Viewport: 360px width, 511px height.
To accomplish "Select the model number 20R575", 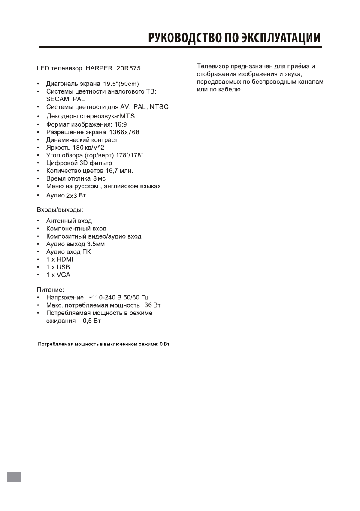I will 129,68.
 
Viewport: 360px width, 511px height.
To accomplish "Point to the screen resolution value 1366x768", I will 124,132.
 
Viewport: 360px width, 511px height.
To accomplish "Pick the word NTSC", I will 159,107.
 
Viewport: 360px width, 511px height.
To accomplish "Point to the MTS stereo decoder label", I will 127,116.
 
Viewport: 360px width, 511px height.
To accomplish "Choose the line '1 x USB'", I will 58,267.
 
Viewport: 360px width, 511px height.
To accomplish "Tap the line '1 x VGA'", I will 58,275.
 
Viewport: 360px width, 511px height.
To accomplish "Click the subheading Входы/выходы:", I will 59,210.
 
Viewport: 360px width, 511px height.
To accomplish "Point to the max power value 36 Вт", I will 153,305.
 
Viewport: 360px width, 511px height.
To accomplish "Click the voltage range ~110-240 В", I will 109,298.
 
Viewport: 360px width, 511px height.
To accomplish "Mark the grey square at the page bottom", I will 15,476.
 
